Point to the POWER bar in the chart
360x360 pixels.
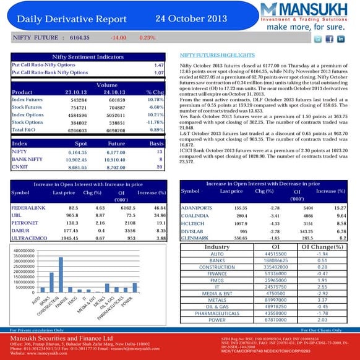pos(134,287)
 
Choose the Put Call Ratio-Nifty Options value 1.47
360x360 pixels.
pos(158,64)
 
